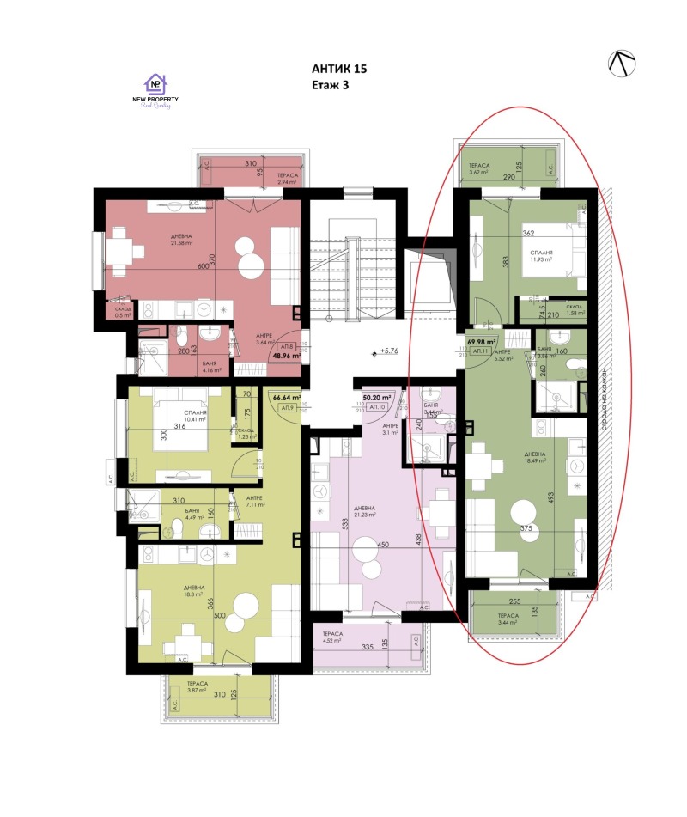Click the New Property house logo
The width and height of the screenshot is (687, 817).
[x=155, y=83]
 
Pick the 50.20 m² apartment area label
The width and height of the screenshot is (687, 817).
[x=376, y=398]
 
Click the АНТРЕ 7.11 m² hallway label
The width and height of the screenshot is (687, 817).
[x=254, y=502]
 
